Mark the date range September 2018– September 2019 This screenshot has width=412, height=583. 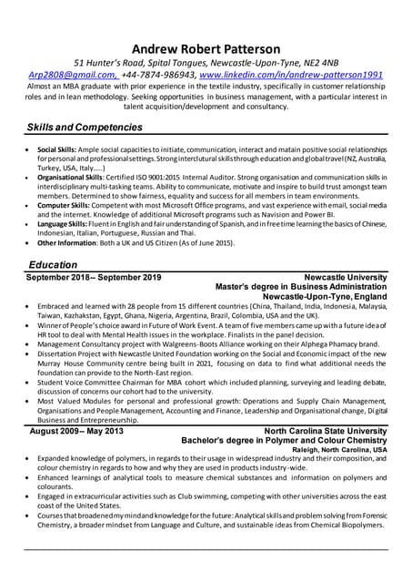tap(94, 276)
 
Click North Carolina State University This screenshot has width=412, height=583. tap(325, 430)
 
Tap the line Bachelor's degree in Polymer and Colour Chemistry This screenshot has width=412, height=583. tap(284, 440)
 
